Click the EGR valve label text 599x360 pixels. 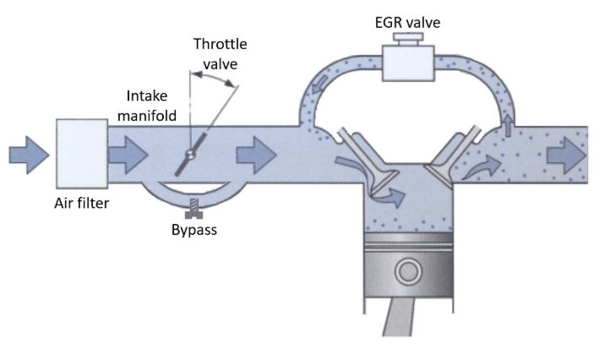click(407, 22)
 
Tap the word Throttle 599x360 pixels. click(220, 44)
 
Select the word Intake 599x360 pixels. click(147, 95)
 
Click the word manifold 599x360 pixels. click(147, 115)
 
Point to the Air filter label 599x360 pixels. click(81, 203)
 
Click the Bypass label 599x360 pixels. click(194, 230)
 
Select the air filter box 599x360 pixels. click(82, 154)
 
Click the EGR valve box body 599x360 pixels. click(408, 63)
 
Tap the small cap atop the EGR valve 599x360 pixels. click(408, 39)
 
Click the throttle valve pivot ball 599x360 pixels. click(190, 154)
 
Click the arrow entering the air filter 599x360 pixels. click(29, 155)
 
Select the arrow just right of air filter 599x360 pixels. click(128, 155)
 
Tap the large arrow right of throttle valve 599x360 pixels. click(256, 155)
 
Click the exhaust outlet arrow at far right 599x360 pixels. click(566, 155)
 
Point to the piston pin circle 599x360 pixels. click(408, 271)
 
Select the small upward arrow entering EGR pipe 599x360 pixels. click(508, 125)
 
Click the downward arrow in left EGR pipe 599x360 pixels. click(319, 84)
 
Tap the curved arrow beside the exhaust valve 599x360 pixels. click(482, 167)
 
